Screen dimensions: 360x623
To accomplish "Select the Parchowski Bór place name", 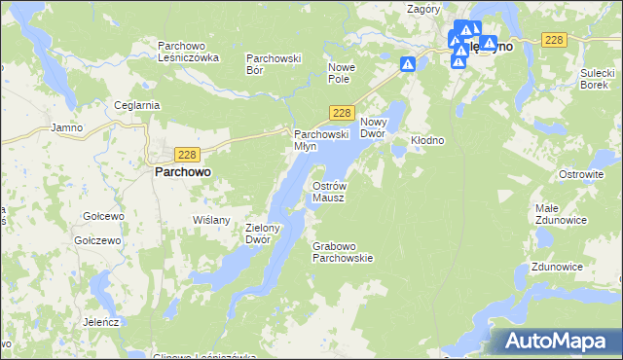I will (x=275, y=63).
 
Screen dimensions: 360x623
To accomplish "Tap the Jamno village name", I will (x=67, y=127).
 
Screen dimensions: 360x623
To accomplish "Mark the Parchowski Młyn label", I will (x=321, y=139).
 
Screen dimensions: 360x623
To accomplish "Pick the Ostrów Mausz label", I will (x=328, y=191).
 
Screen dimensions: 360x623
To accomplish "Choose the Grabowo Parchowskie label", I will (x=343, y=252).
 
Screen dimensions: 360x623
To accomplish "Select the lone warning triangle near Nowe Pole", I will (x=408, y=64).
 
